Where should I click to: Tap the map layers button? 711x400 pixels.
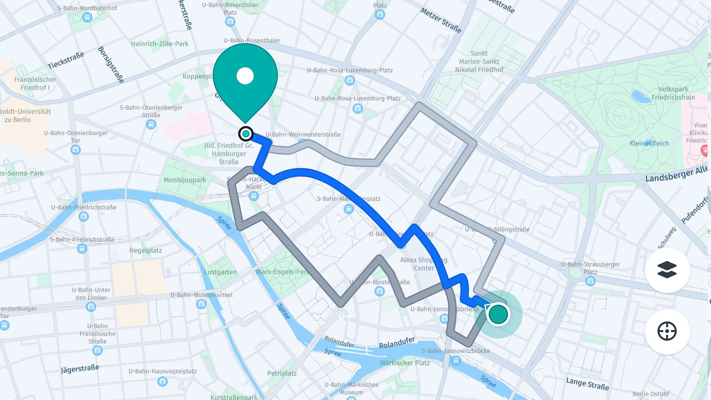click(667, 270)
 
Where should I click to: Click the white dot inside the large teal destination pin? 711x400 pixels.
click(245, 76)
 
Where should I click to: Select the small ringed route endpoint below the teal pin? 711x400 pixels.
click(246, 134)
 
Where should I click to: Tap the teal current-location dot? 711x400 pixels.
click(498, 314)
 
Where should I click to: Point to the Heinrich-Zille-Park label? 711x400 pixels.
click(159, 44)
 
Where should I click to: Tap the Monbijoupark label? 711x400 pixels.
click(185, 180)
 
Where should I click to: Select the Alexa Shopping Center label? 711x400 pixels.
click(424, 264)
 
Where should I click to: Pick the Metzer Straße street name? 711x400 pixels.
click(441, 20)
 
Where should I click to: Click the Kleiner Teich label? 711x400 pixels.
click(649, 143)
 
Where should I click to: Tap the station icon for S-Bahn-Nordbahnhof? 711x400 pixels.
click(87, 17)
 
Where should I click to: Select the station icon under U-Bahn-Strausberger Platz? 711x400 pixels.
click(590, 281)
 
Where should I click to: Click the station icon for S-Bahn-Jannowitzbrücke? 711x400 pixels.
click(456, 360)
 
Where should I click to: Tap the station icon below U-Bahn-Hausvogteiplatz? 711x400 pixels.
click(162, 381)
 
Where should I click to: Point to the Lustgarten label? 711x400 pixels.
click(220, 272)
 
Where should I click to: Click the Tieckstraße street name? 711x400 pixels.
click(66, 60)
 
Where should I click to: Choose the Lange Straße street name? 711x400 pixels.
click(587, 384)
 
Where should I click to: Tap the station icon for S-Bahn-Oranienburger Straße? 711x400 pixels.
click(151, 124)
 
